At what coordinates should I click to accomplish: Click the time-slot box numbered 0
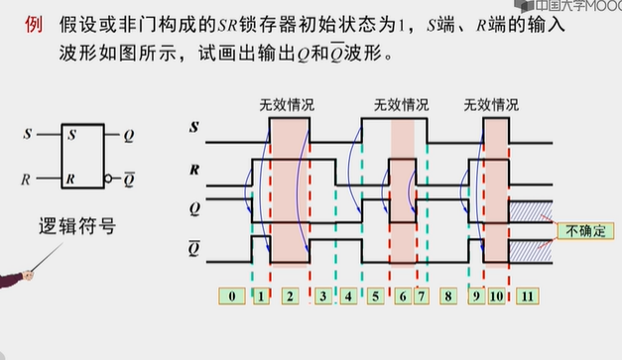pos(230,296)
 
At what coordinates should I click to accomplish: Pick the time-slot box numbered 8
pos(448,296)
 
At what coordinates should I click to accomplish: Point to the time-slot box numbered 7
pos(422,296)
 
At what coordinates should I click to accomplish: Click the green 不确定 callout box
pos(584,231)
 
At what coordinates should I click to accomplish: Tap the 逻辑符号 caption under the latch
pos(81,227)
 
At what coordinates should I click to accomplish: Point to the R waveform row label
pos(194,170)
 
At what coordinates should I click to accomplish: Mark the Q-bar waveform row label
pos(194,248)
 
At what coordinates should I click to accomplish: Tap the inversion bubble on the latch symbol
pos(111,180)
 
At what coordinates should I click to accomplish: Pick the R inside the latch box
pos(71,179)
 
